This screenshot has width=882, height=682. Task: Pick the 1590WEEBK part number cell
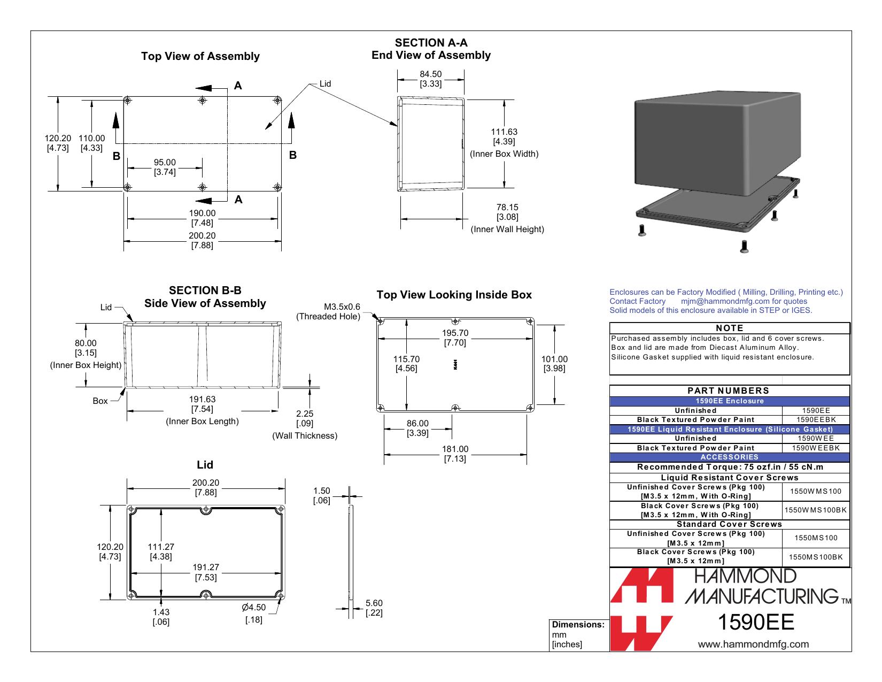(x=815, y=448)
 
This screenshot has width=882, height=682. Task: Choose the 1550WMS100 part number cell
(x=815, y=491)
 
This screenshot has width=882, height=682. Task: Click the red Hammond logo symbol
(x=641, y=609)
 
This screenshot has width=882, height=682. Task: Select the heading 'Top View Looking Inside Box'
(x=454, y=295)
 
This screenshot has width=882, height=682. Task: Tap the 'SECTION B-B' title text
(x=205, y=290)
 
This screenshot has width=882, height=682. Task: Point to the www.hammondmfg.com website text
(x=753, y=644)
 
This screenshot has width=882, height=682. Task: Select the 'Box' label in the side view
(x=100, y=401)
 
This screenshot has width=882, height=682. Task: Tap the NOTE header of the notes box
(x=729, y=328)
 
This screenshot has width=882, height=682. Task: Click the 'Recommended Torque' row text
(x=730, y=467)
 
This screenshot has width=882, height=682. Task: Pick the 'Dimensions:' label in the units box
(x=578, y=624)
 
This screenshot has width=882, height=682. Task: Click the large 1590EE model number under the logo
(x=756, y=622)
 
